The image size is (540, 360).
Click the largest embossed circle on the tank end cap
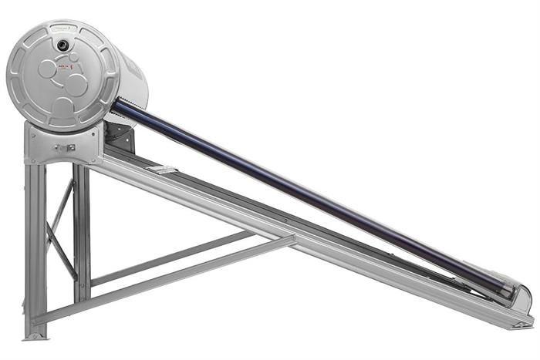pos(76,85)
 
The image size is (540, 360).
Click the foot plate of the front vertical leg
pos(35,335)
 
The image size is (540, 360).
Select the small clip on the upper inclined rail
pos(163,169)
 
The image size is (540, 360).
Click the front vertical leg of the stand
pos(35,247)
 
